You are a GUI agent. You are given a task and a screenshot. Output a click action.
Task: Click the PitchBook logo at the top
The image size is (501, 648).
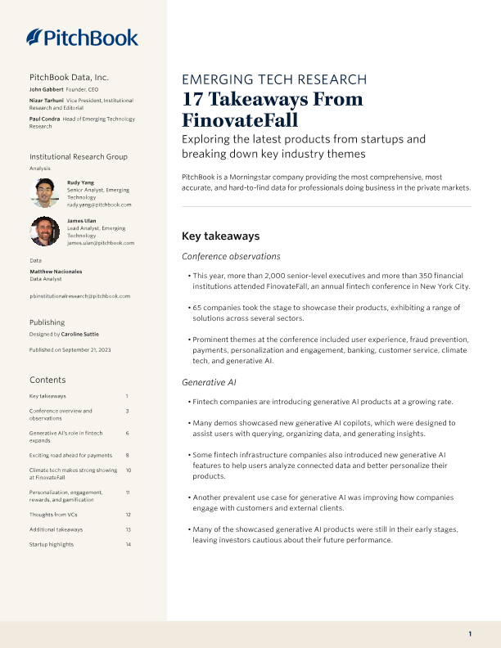pyautogui.click(x=82, y=37)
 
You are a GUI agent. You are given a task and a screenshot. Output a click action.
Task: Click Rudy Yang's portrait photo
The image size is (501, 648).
pyautogui.click(x=44, y=193)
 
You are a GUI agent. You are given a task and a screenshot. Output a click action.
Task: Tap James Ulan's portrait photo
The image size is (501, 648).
pyautogui.click(x=44, y=231)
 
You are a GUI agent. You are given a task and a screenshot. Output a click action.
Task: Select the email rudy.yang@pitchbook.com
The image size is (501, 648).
pyautogui.click(x=99, y=205)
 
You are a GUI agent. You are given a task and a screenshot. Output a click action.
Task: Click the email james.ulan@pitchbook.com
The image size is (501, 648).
pyautogui.click(x=101, y=243)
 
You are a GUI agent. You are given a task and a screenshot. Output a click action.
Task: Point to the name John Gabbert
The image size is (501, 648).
pyautogui.click(x=47, y=88)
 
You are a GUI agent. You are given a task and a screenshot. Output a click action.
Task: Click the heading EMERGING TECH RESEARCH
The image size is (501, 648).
pyautogui.click(x=274, y=79)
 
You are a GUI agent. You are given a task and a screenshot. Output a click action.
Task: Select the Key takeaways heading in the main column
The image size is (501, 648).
pyautogui.click(x=220, y=236)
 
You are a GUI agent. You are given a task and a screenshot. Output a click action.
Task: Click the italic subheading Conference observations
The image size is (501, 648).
pyautogui.click(x=231, y=257)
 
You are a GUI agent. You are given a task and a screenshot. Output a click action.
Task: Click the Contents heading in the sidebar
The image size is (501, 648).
pyautogui.click(x=48, y=380)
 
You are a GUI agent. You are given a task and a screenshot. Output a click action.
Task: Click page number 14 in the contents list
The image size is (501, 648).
pyautogui.click(x=129, y=544)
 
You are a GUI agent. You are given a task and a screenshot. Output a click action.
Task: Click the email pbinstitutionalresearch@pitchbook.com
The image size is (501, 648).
pyautogui.click(x=80, y=296)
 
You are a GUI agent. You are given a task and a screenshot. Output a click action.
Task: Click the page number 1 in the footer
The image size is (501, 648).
pyautogui.click(x=470, y=634)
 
